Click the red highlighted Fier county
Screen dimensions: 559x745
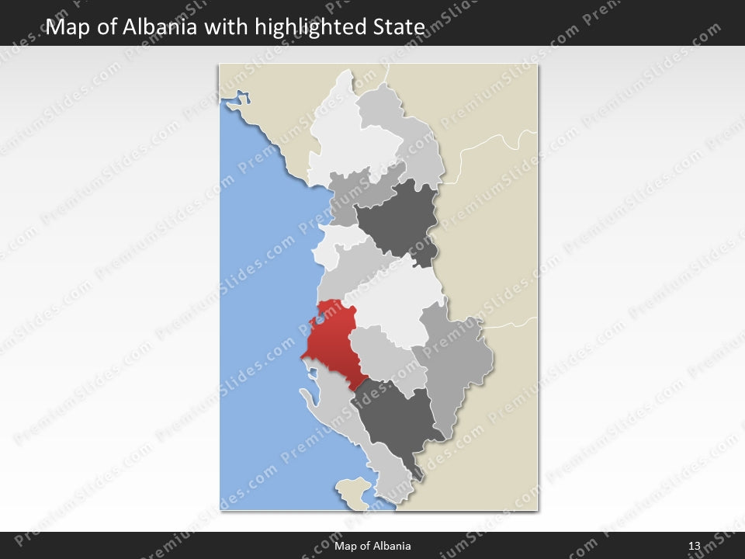click(330, 342)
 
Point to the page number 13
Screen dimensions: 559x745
click(694, 546)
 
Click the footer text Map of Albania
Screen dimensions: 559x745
click(372, 546)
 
